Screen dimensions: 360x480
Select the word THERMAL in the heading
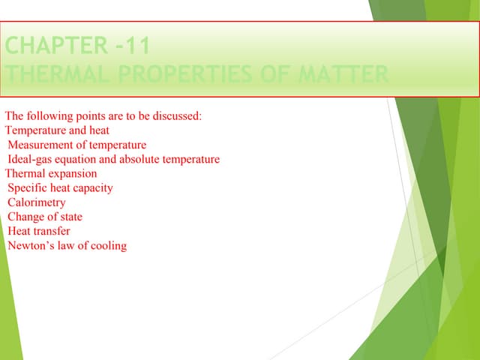pos(53,76)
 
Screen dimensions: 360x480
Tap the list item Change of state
pos(45,217)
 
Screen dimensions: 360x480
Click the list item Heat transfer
pos(38,231)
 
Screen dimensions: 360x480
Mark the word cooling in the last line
pos(108,245)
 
